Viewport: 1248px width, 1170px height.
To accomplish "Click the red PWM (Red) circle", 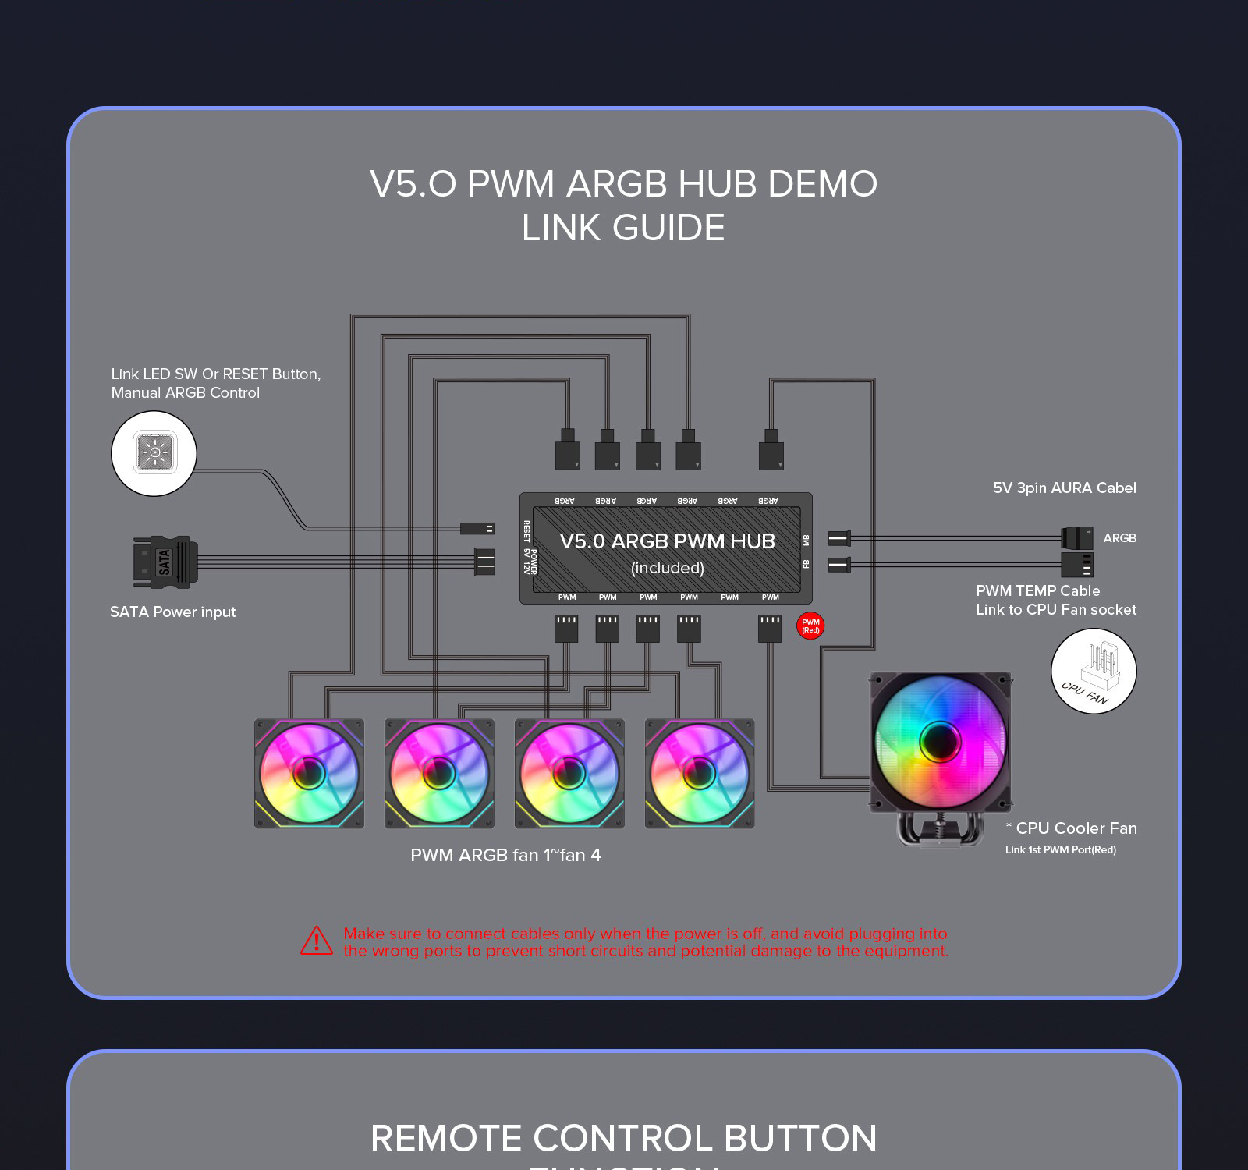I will (x=810, y=626).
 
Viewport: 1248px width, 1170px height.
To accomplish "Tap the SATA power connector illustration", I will (x=165, y=562).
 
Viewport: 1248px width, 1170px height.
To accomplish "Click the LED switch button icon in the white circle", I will (x=154, y=452).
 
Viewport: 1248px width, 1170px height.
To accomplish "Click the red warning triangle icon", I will (x=317, y=941).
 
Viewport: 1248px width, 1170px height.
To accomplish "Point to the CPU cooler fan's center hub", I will (x=939, y=740).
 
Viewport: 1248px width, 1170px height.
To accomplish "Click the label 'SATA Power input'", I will (x=172, y=612).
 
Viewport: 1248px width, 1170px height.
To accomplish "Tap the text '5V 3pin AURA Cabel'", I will (x=1064, y=488).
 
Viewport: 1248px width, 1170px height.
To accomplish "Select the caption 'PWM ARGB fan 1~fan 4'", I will (x=505, y=856).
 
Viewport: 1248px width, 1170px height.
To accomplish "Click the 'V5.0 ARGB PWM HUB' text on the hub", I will (x=667, y=541).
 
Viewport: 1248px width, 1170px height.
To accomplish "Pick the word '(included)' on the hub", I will (x=667, y=569).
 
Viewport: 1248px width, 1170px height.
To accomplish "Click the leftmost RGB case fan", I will (x=309, y=773).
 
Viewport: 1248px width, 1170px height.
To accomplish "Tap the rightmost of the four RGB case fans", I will (x=700, y=773).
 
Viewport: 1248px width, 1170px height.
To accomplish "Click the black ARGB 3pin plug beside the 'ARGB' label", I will (x=1077, y=537).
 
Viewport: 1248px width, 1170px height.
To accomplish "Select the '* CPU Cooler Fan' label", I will (x=1072, y=828).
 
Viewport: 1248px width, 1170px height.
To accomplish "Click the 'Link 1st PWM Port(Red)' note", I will (x=1060, y=850).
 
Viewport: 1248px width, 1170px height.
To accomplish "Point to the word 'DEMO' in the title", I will (x=822, y=185).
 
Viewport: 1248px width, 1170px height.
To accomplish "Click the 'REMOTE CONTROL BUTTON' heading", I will (x=623, y=1138).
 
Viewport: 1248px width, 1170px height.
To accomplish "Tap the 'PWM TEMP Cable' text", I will (x=1037, y=591).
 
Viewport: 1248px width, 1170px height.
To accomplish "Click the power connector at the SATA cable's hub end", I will (x=484, y=562).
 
